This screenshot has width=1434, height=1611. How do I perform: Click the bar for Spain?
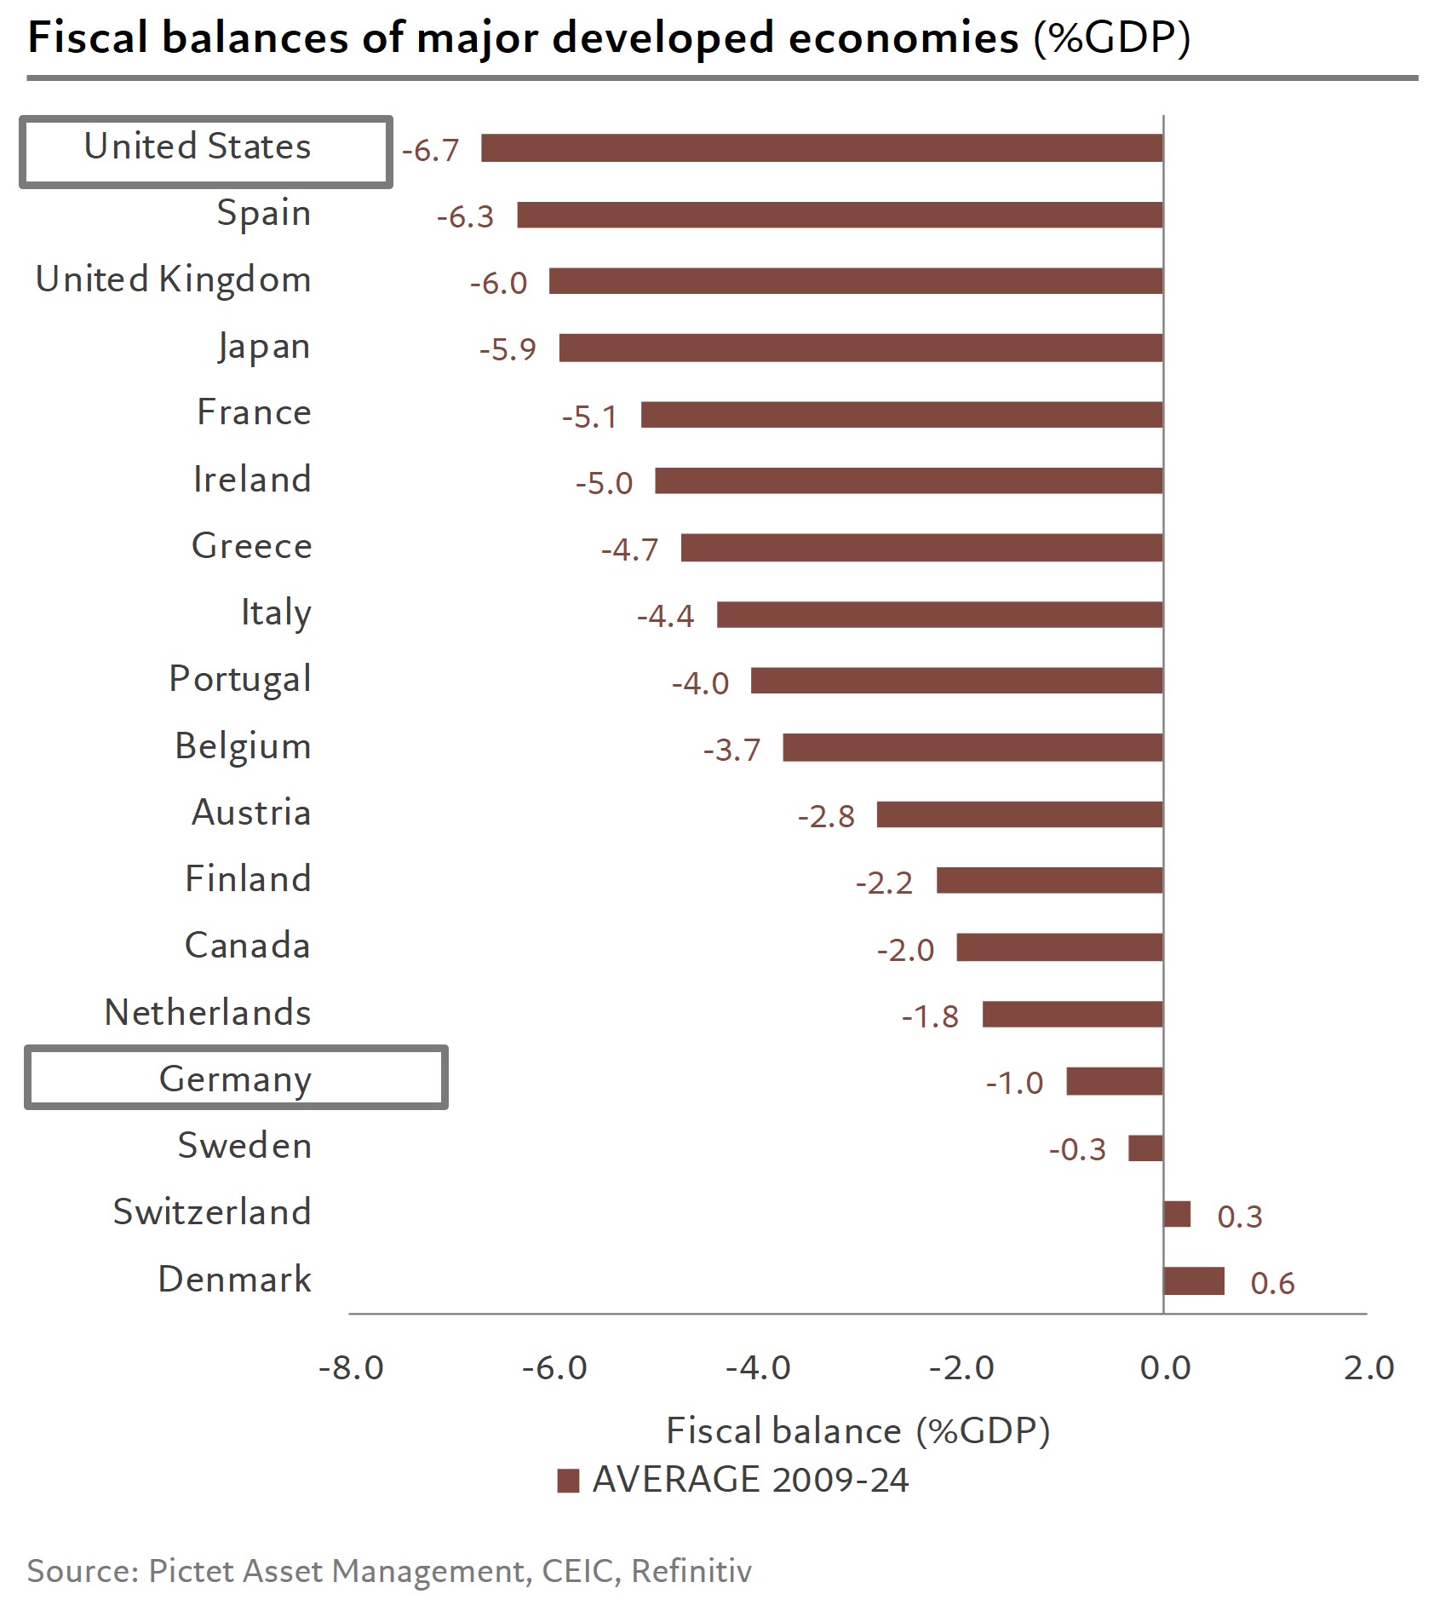pos(839,215)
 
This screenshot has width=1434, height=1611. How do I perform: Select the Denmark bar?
pos(1194,1281)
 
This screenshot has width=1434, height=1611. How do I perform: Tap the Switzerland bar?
pos(1177,1214)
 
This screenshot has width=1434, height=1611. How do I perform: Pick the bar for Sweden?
pos(1145,1148)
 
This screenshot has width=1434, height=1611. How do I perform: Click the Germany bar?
pos(1114,1081)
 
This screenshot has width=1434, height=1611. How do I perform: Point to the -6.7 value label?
pos(430,151)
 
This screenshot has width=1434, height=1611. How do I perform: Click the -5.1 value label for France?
pos(589,417)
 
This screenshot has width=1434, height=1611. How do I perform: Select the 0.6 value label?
pos(1272,1283)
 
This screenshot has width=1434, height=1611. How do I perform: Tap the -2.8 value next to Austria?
pos(826,816)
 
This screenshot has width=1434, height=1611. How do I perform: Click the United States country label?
pos(198,147)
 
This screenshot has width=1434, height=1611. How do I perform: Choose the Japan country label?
pos(263,347)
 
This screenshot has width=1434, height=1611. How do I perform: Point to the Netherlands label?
pos(208,1013)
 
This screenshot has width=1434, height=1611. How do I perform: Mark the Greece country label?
pos(251,546)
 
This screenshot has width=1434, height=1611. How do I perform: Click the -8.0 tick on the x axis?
pos(351,1368)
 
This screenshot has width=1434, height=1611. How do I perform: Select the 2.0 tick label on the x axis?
pos(1368,1368)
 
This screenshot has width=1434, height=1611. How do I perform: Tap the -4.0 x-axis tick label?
pos(758,1368)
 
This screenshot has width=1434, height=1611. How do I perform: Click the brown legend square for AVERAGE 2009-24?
pos(568,1481)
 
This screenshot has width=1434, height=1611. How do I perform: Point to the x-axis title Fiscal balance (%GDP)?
pos(858,1430)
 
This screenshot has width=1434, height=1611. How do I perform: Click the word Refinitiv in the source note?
pos(691,1570)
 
